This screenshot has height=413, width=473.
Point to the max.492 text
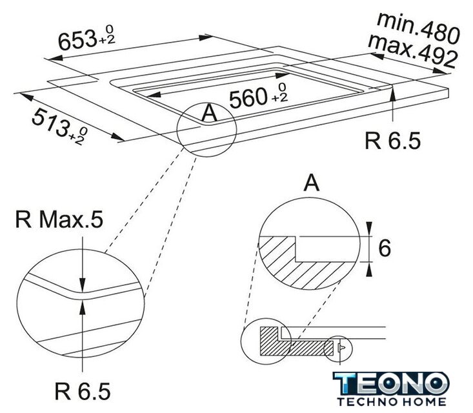[x=413, y=51]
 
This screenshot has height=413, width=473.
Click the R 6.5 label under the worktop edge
[x=392, y=141]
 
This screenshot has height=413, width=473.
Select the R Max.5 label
[x=59, y=219]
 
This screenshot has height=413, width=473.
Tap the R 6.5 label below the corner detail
[x=83, y=391]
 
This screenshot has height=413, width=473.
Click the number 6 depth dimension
[x=385, y=248]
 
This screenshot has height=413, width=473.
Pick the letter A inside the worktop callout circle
[x=209, y=114]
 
